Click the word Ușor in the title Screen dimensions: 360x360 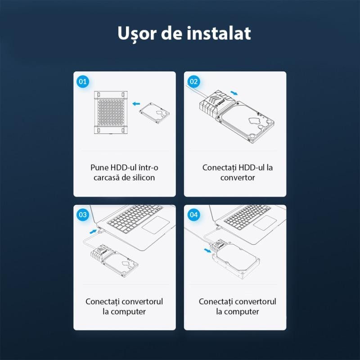click(x=135, y=34)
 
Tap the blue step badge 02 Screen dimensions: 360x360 click(x=193, y=81)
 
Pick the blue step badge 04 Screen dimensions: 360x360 click(x=193, y=215)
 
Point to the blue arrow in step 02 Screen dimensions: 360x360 click(x=234, y=93)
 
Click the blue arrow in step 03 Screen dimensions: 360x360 click(x=93, y=232)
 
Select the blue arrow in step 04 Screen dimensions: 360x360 click(x=205, y=248)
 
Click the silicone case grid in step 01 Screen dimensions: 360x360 click(x=111, y=112)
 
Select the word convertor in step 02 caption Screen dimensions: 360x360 click(x=238, y=177)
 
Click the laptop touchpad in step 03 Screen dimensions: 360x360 click(x=156, y=225)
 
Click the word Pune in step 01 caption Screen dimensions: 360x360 click(x=99, y=167)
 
